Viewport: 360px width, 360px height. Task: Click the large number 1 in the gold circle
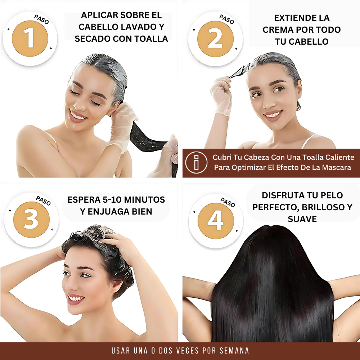[30, 39]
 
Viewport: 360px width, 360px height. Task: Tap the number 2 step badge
[215, 39]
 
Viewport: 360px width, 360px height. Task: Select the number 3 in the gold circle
[31, 220]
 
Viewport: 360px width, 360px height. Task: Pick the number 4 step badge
[215, 221]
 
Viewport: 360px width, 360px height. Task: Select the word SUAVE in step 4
[302, 219]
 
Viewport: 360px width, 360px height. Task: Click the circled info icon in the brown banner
[196, 162]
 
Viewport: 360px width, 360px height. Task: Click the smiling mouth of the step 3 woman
[75, 298]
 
